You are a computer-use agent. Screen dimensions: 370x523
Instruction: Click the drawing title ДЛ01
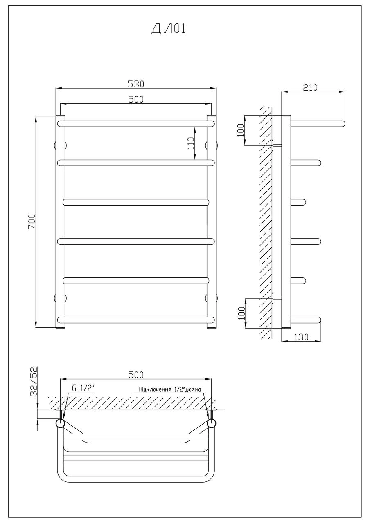168,29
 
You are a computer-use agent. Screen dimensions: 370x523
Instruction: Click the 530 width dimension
136,84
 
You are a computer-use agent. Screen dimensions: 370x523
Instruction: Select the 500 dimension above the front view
136,99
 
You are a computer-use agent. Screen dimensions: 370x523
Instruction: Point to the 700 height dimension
32,221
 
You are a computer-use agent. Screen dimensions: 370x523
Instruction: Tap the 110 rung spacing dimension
191,143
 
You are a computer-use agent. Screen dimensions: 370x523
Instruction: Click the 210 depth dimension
310,87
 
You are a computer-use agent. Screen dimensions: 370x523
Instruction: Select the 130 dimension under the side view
301,337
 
